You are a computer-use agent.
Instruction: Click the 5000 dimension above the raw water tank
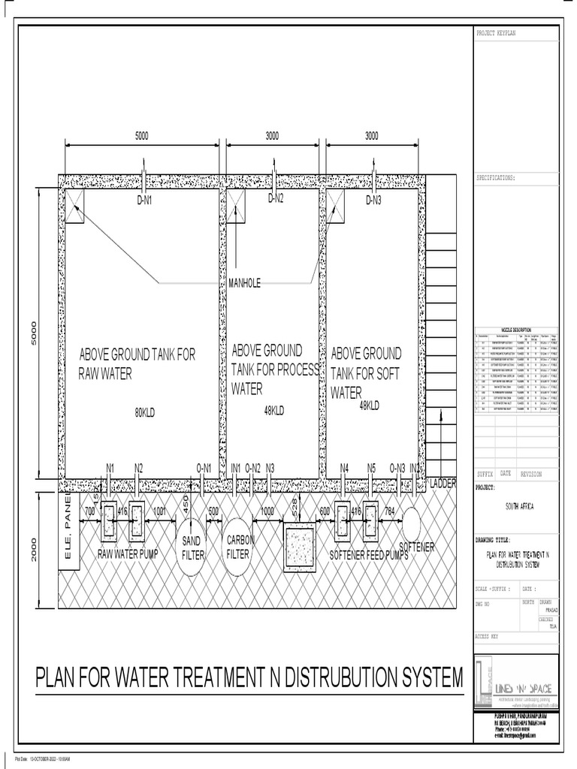(x=142, y=136)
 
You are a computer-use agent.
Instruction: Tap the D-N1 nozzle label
(x=144, y=201)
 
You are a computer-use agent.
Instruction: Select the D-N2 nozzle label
(x=276, y=199)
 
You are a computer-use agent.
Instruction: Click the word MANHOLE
(x=244, y=283)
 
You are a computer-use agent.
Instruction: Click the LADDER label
(x=443, y=484)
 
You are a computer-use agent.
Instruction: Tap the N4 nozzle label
(x=344, y=469)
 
